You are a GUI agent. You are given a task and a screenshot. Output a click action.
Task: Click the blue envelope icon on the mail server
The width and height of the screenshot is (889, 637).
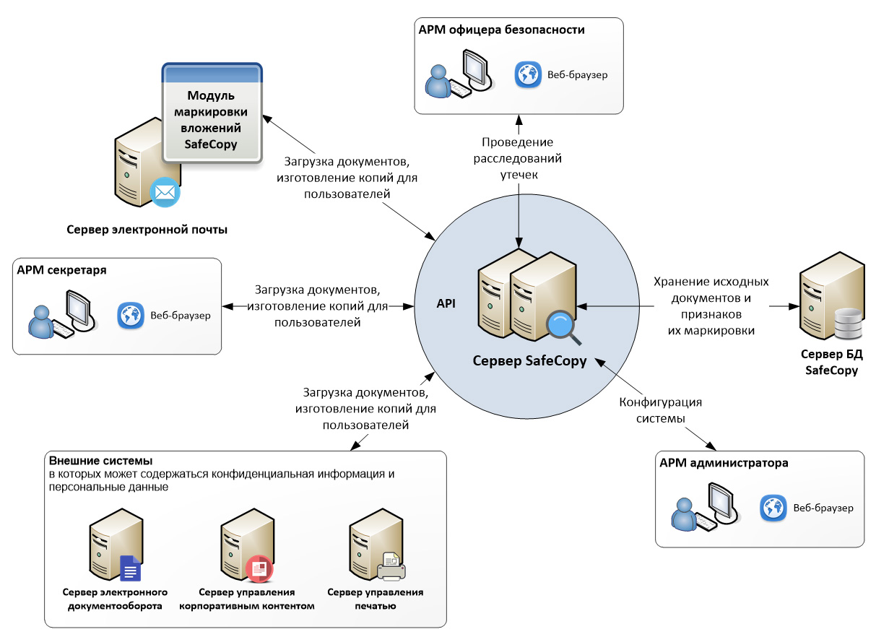point(165,193)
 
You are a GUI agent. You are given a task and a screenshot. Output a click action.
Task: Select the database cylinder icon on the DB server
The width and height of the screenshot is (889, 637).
point(846,324)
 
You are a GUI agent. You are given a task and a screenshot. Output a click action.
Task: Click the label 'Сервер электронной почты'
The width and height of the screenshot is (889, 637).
point(147,230)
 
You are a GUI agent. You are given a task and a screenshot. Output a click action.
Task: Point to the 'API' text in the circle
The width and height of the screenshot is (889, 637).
point(446,305)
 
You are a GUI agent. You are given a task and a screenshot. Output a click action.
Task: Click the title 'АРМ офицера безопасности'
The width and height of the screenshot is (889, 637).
point(501,30)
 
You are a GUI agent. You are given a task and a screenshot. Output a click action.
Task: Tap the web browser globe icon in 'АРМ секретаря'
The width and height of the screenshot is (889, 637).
point(130,316)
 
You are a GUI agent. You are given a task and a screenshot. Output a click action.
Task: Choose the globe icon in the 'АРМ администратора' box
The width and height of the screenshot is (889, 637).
point(773,508)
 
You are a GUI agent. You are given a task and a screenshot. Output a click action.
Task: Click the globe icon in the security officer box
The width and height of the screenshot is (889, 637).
point(528,74)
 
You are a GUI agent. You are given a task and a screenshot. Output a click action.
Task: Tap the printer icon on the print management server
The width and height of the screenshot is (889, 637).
point(391,566)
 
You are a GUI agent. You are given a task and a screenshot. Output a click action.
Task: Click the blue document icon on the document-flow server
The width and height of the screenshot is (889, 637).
point(130,568)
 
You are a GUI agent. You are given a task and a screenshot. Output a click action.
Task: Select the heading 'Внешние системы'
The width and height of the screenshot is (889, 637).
point(100,461)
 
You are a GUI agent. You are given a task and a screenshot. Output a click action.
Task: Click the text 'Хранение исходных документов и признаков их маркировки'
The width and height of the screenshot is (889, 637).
point(711,306)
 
